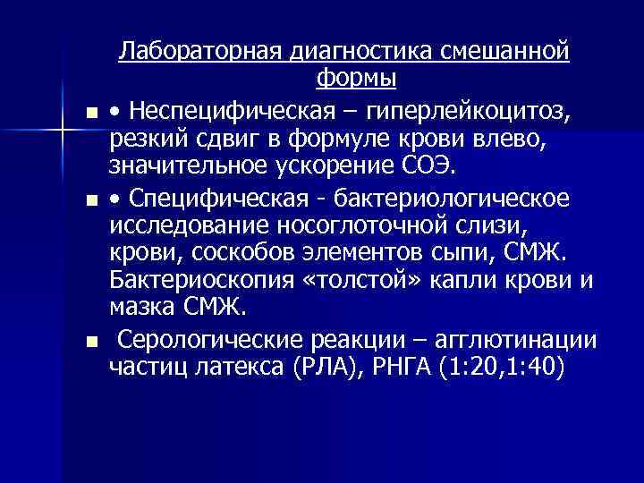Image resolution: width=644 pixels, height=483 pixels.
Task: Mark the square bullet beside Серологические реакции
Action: coord(92,341)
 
